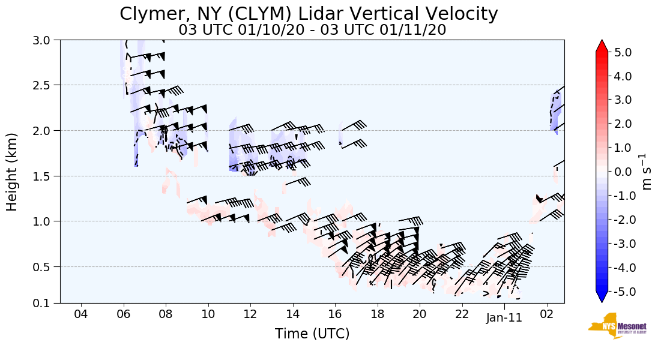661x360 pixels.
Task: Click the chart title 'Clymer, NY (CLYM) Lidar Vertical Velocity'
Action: tap(309, 14)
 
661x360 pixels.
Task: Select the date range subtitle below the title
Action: tap(312, 29)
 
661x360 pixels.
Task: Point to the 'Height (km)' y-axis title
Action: tap(12, 172)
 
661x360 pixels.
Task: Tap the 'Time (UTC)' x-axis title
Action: tap(312, 334)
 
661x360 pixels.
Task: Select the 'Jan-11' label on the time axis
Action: tap(504, 317)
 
